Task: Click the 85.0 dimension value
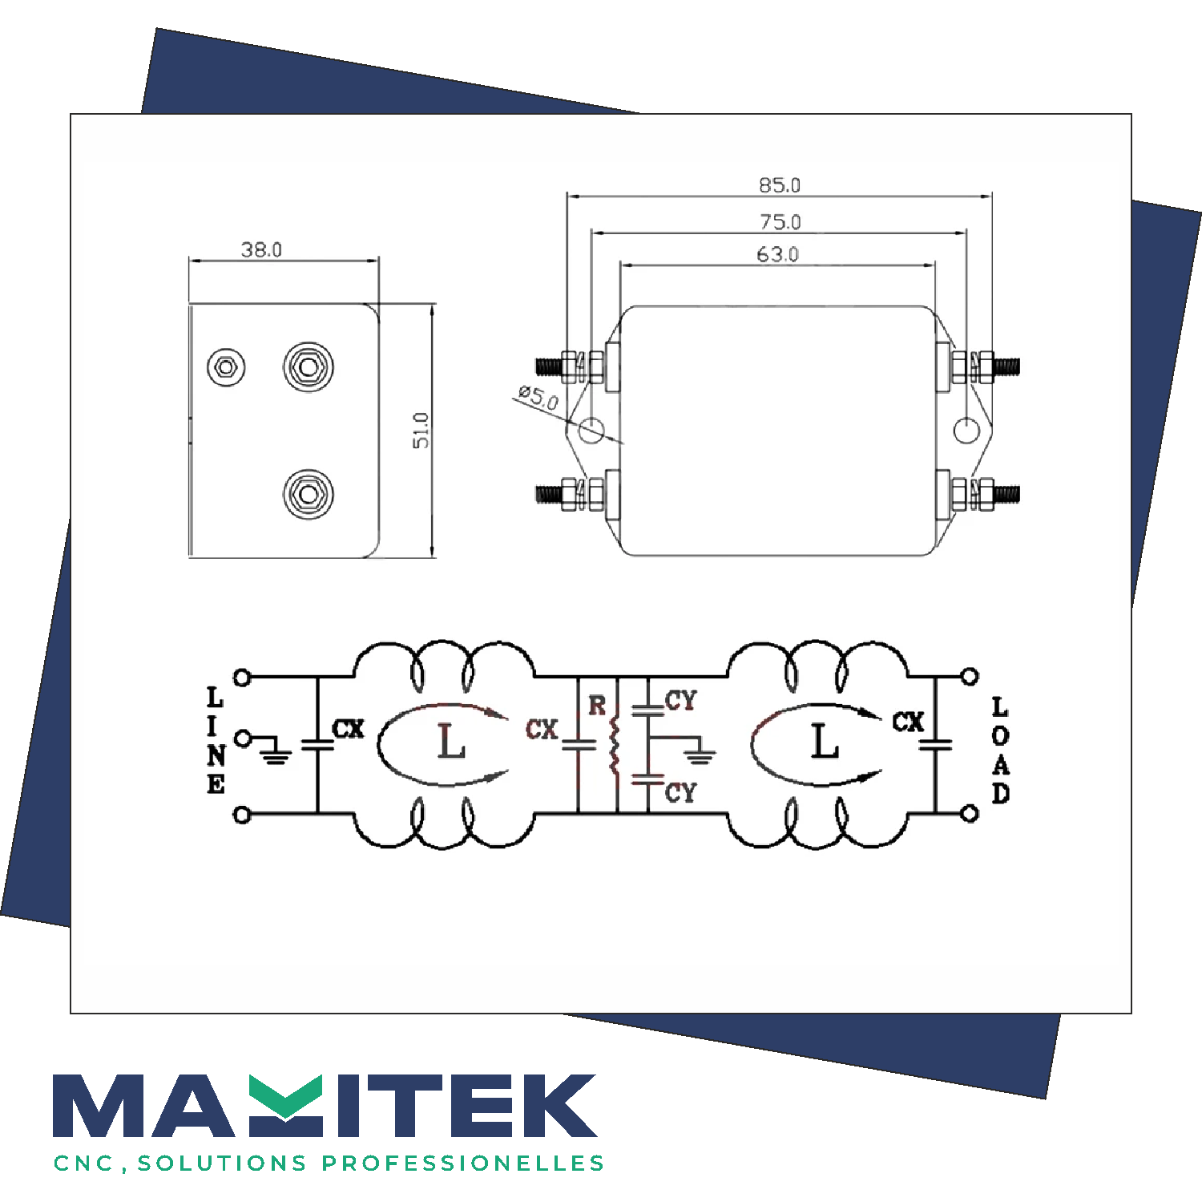click(x=780, y=185)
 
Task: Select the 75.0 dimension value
click(x=780, y=221)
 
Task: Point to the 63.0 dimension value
click(x=777, y=254)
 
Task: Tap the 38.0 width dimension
click(x=261, y=249)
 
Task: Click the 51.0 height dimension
click(x=421, y=430)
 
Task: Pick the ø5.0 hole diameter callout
click(x=538, y=397)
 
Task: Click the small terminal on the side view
click(x=226, y=367)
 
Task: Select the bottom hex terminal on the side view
click(x=309, y=494)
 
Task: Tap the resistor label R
click(x=597, y=705)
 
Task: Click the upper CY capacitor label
click(x=681, y=700)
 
